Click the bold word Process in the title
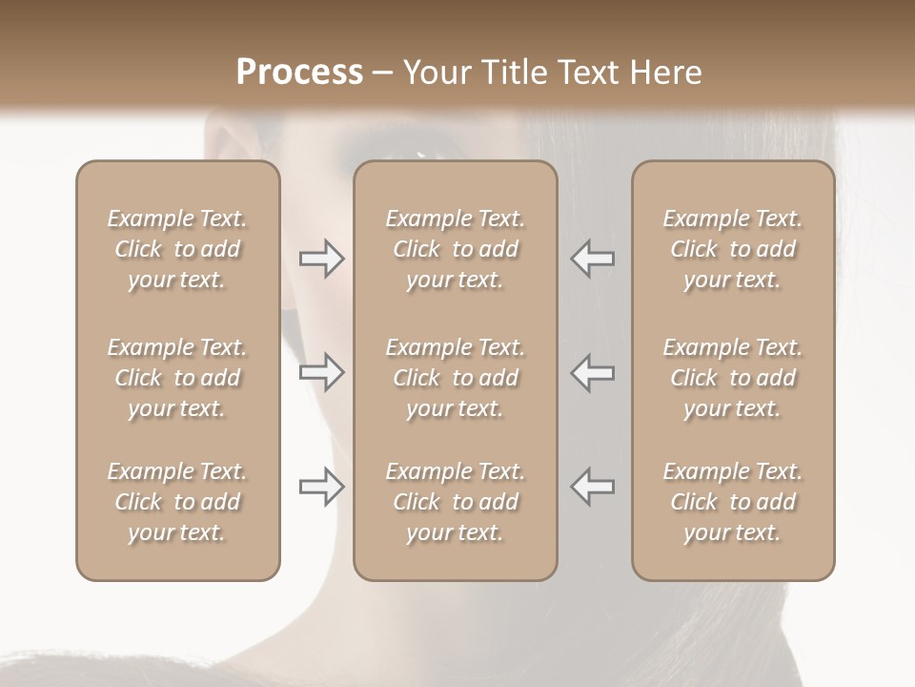(299, 73)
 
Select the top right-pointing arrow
(321, 259)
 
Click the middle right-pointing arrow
(321, 372)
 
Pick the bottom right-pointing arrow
(321, 487)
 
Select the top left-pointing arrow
(593, 259)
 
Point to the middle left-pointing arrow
(593, 372)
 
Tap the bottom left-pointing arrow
(593, 487)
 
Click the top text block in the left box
(177, 249)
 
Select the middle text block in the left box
(177, 378)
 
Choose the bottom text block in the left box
(177, 502)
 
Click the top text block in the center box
(456, 249)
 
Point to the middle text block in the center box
(456, 378)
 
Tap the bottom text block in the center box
(456, 502)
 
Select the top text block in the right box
(733, 249)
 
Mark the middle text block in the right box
(733, 378)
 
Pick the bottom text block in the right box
(733, 502)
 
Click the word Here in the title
(667, 73)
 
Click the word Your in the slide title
(435, 73)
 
